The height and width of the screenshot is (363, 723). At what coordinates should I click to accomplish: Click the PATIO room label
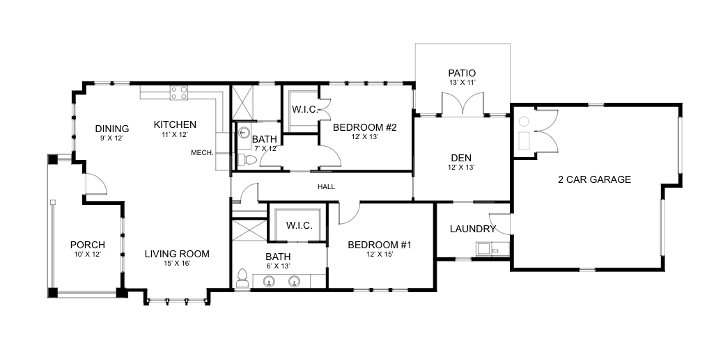tap(462, 73)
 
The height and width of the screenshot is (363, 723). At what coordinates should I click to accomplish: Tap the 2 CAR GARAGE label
tap(594, 179)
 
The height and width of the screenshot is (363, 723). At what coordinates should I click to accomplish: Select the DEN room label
tap(461, 158)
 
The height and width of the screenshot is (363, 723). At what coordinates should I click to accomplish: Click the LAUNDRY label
tap(473, 229)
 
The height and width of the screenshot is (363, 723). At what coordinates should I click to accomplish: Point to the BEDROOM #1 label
tap(380, 245)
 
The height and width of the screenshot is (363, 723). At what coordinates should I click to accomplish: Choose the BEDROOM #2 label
tap(364, 127)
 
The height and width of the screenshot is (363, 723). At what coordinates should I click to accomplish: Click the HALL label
tap(327, 187)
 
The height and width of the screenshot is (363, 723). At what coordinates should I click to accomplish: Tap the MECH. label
tap(202, 152)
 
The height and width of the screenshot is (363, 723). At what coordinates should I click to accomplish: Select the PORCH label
tap(88, 245)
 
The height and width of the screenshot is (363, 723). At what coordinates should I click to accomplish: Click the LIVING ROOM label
tap(177, 254)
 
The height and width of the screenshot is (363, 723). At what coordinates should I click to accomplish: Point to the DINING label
tap(112, 129)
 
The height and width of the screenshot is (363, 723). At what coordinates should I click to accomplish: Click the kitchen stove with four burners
tap(179, 92)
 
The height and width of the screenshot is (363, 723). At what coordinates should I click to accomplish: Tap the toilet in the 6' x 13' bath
tap(242, 278)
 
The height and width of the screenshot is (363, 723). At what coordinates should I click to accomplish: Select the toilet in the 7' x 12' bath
tap(247, 161)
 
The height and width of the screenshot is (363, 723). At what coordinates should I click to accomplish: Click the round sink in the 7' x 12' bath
tap(244, 132)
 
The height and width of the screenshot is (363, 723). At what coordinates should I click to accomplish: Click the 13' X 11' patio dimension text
tap(462, 83)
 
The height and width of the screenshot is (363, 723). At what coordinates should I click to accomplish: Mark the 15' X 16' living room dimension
tap(177, 264)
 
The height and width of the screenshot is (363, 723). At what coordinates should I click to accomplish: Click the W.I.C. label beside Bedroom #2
tap(304, 110)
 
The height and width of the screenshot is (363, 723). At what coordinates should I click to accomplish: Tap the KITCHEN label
tap(175, 124)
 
